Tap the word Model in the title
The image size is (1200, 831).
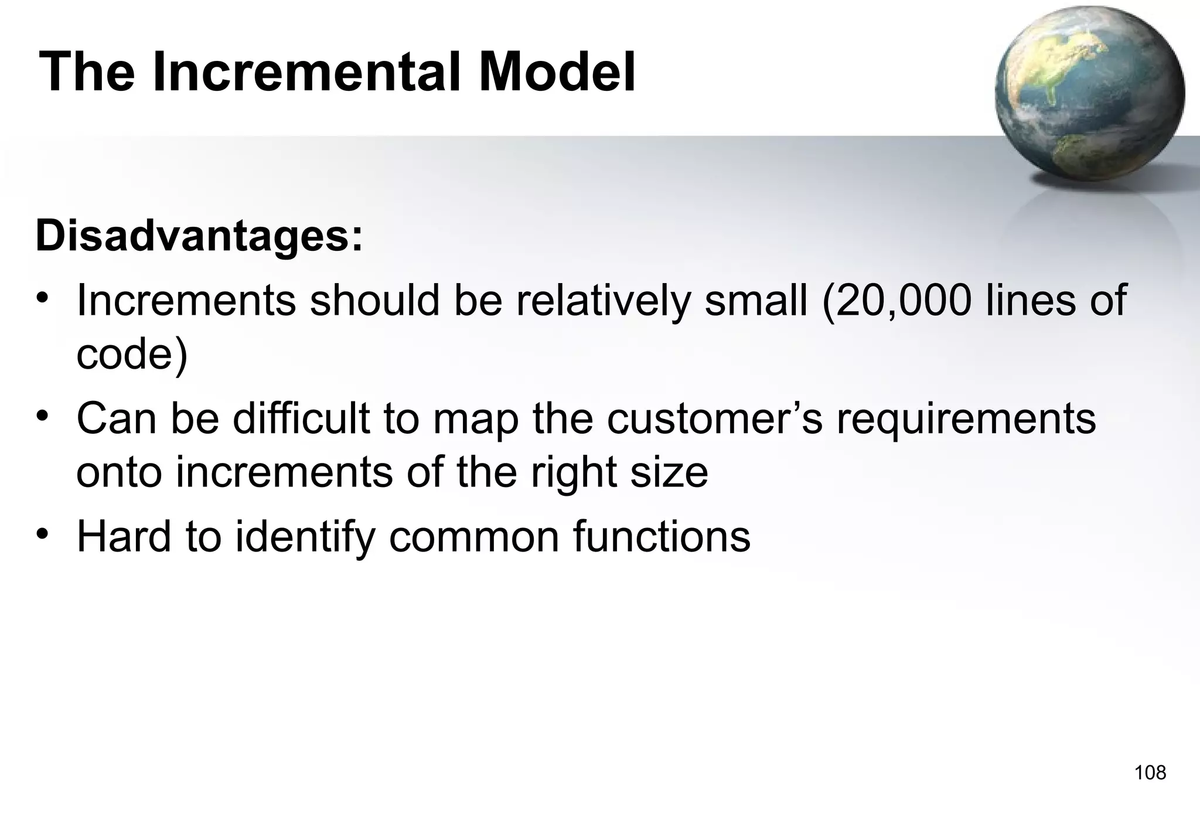(x=556, y=73)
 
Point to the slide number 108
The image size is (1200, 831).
(x=1150, y=773)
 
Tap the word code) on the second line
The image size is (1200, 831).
(x=132, y=354)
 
